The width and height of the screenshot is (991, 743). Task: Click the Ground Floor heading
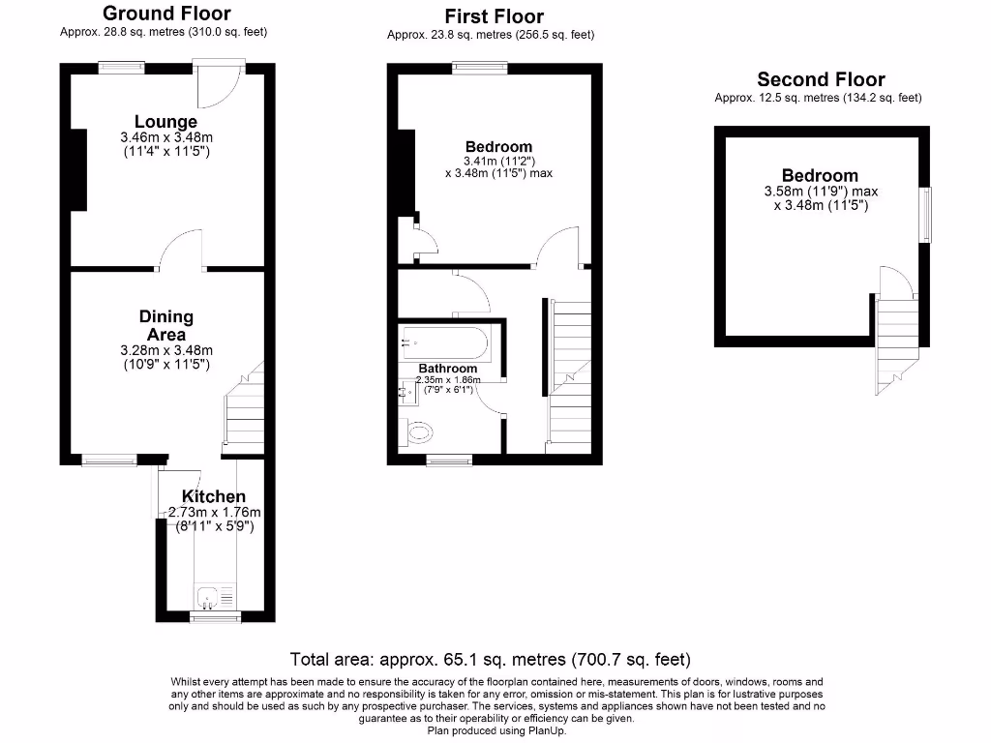pos(166,14)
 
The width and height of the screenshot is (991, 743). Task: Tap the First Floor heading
pos(494,16)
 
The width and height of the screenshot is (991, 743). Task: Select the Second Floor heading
pos(821,79)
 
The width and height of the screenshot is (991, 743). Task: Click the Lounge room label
pos(165,122)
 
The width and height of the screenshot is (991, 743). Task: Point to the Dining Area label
pos(165,325)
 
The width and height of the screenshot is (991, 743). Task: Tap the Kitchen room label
pos(213,496)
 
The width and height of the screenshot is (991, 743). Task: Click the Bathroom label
pos(447,369)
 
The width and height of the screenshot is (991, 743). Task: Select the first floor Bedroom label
pos(497,147)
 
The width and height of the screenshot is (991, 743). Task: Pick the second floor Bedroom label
pos(820,175)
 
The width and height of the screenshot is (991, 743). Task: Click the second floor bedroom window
pos(927,215)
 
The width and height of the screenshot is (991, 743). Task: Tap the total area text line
pos(491,660)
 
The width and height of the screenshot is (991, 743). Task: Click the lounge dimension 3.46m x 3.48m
pos(165,137)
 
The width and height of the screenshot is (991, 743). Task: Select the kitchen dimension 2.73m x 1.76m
pos(215,512)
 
